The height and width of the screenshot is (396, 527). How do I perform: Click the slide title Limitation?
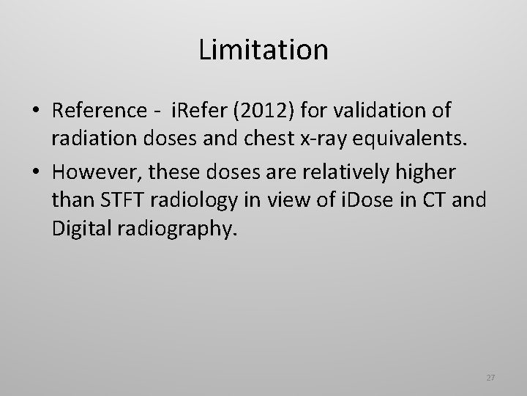point(263,50)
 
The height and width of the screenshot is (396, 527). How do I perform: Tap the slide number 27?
point(490,378)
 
